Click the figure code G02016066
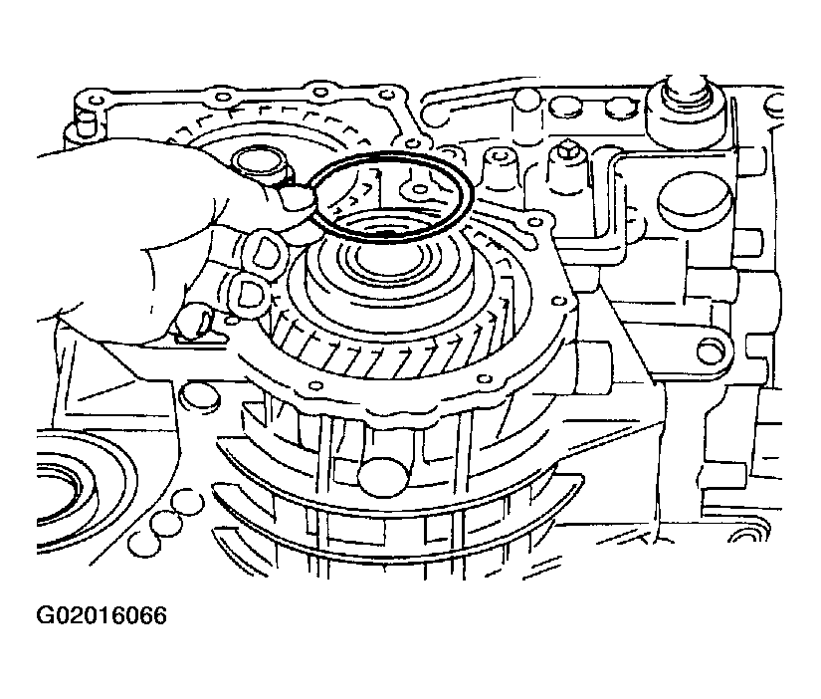click(102, 615)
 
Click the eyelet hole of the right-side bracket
click(710, 350)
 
